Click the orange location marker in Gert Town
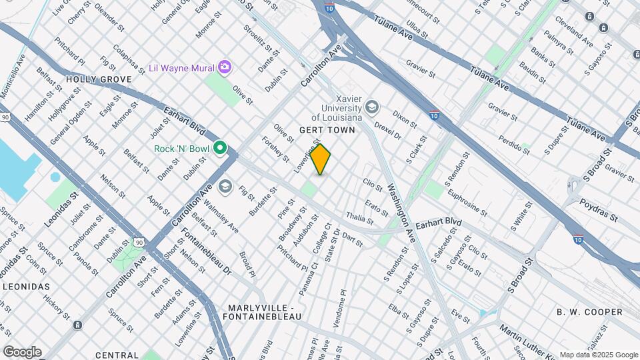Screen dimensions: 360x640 coord(321,159)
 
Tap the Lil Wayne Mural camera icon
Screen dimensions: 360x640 coord(225,67)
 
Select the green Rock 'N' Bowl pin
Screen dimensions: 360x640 coord(219,149)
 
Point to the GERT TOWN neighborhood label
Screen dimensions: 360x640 coord(327,130)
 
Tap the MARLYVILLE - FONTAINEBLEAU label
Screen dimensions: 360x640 coord(264,311)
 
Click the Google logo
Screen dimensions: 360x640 coord(22,352)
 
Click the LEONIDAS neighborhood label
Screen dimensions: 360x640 coord(27,286)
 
